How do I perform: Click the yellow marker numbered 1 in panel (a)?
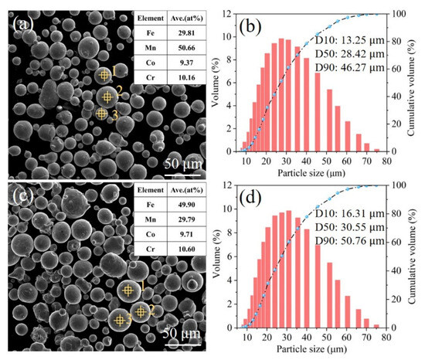click(104, 74)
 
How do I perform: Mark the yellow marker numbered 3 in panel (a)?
click(101, 114)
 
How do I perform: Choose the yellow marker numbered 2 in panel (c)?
click(140, 311)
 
